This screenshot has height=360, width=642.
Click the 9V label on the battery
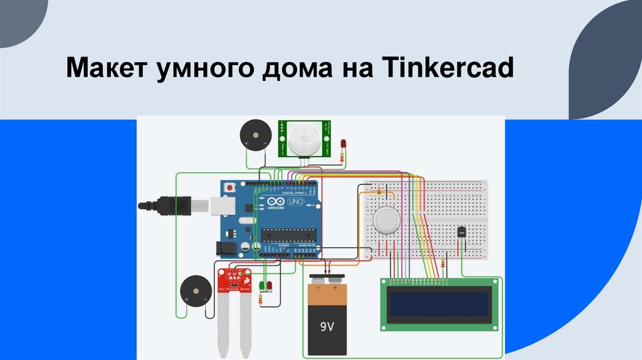coord(328,326)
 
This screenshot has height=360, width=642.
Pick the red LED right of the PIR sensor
coord(343,145)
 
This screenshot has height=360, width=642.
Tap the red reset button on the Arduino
coord(231,187)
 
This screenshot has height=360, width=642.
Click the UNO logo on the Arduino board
coord(293,203)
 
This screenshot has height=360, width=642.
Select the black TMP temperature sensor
coord(462,233)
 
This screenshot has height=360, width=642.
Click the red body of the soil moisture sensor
coord(234,280)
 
